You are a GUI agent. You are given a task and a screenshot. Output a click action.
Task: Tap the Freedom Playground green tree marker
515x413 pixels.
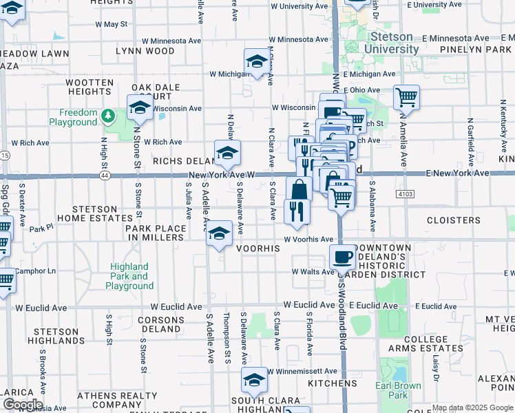click(108, 116)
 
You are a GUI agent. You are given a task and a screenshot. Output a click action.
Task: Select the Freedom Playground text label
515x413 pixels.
click(73, 117)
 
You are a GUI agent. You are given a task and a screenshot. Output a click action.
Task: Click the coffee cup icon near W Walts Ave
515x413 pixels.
click(342, 258)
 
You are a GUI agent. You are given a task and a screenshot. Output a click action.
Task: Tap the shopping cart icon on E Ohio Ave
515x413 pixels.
click(406, 97)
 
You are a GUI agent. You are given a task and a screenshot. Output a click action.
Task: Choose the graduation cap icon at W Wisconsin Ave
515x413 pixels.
click(140, 107)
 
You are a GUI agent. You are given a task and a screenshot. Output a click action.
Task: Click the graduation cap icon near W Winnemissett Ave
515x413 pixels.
click(254, 380)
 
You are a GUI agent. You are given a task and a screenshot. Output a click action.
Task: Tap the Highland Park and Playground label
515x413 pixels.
click(130, 276)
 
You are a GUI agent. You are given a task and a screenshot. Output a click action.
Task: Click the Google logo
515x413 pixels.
click(22, 404)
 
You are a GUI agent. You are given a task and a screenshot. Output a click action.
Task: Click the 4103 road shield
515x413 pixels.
click(404, 195)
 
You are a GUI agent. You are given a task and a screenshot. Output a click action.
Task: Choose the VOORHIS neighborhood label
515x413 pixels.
click(258, 248)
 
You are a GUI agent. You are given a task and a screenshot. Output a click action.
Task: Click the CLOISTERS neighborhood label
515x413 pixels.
click(454, 220)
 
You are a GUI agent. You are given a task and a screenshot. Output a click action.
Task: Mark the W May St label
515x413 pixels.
click(111, 24)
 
